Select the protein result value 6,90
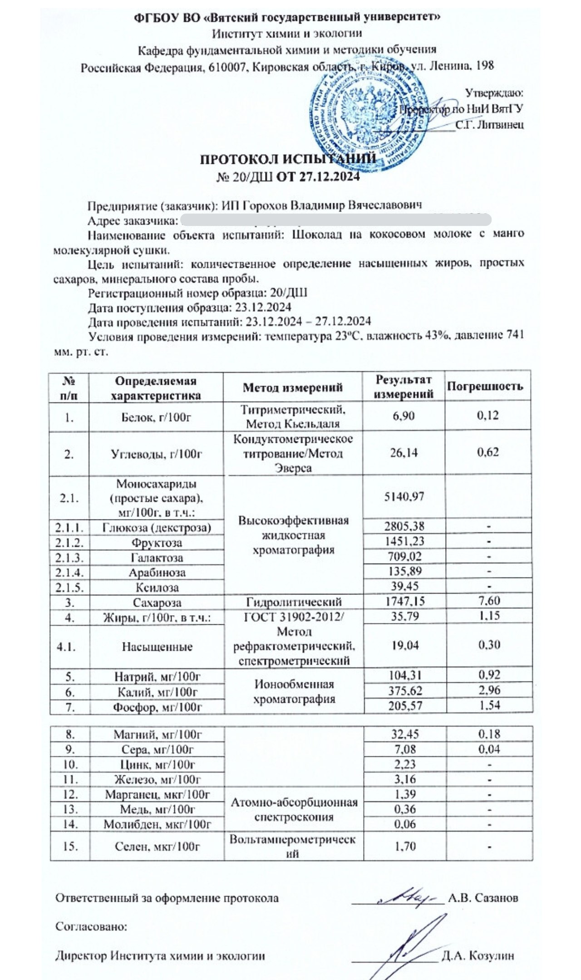pos(403,416)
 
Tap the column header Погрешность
pos(485,387)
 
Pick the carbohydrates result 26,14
pos(404,453)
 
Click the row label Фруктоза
pos(157,543)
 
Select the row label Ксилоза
pos(157,588)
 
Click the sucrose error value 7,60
pos(488,601)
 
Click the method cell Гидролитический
pos(294,602)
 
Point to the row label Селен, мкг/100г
pos(157,846)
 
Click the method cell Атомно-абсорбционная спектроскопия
pos(294,809)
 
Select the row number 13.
pos(70,809)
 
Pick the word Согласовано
pos(91,926)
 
